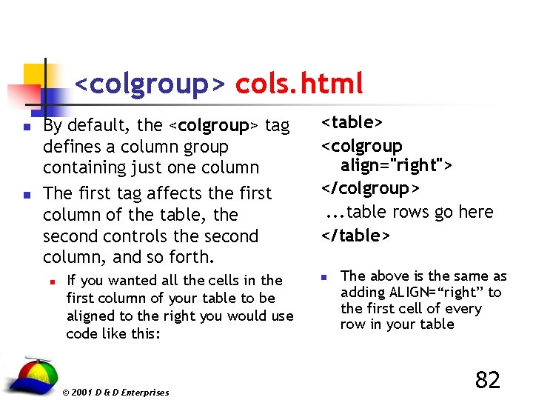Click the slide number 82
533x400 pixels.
coord(487,380)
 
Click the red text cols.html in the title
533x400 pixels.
coord(299,84)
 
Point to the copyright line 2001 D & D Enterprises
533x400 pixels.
coord(115,393)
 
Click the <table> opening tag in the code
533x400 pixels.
coord(352,121)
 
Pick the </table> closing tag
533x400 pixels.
coord(355,236)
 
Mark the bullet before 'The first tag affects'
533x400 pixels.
coord(26,195)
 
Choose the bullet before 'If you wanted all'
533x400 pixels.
coord(50,281)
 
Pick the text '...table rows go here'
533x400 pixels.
coord(409,212)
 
